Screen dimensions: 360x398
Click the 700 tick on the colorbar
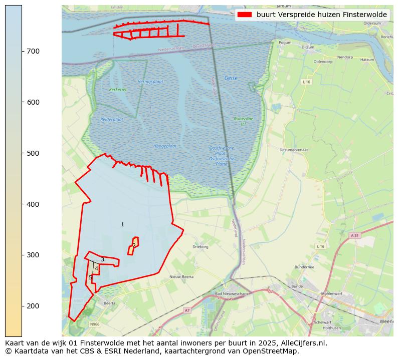pos(22,51)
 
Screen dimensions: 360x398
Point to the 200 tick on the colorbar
pos(22,306)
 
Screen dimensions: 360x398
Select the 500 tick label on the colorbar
pos(33,153)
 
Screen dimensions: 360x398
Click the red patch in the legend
pos(245,15)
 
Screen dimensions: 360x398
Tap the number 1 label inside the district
pos(122,224)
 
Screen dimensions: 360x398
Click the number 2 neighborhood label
pos(134,245)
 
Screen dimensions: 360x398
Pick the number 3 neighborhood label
pos(102,259)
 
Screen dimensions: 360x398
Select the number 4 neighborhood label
pos(96,269)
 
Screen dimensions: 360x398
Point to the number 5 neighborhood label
pos(90,277)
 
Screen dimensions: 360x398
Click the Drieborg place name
pos(201,247)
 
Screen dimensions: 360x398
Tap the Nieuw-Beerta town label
pos(181,276)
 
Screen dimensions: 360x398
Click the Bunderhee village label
pos(304,267)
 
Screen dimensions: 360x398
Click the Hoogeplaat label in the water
pos(165,146)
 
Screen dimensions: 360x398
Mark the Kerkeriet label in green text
pos(118,90)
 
